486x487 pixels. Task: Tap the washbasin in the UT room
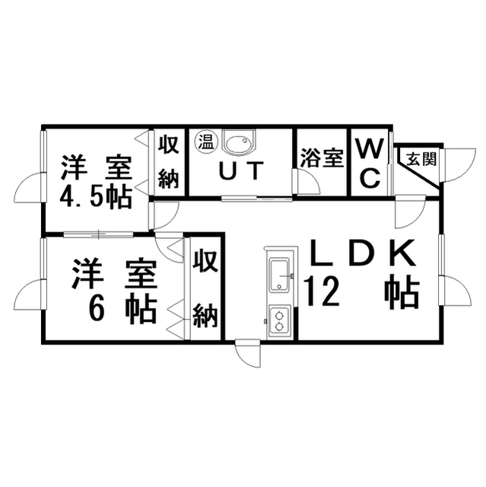point(239,142)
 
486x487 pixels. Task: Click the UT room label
point(241,170)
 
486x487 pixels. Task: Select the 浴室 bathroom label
point(322,158)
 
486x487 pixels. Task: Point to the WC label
point(370,164)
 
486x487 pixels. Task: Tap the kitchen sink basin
point(280,275)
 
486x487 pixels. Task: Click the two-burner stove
point(280,322)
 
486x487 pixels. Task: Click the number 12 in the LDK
point(322,292)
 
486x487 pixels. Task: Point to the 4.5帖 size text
point(95,198)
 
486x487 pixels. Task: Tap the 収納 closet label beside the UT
point(169,162)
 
